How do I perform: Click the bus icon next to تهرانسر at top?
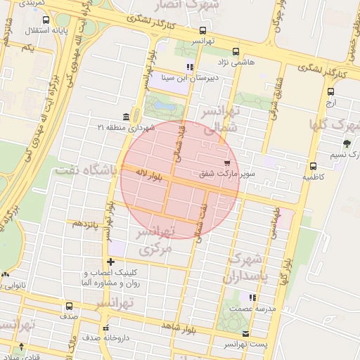tap(203, 30)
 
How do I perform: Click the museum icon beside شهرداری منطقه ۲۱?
tap(126, 116)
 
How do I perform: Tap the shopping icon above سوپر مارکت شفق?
tap(226, 162)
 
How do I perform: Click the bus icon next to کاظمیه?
tap(313, 167)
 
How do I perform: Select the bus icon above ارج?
tap(331, 91)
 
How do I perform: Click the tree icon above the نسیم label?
tap(347, 143)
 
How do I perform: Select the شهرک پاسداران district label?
tap(250, 267)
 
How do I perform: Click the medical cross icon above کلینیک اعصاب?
tap(110, 262)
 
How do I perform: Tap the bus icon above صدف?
tap(69, 306)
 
